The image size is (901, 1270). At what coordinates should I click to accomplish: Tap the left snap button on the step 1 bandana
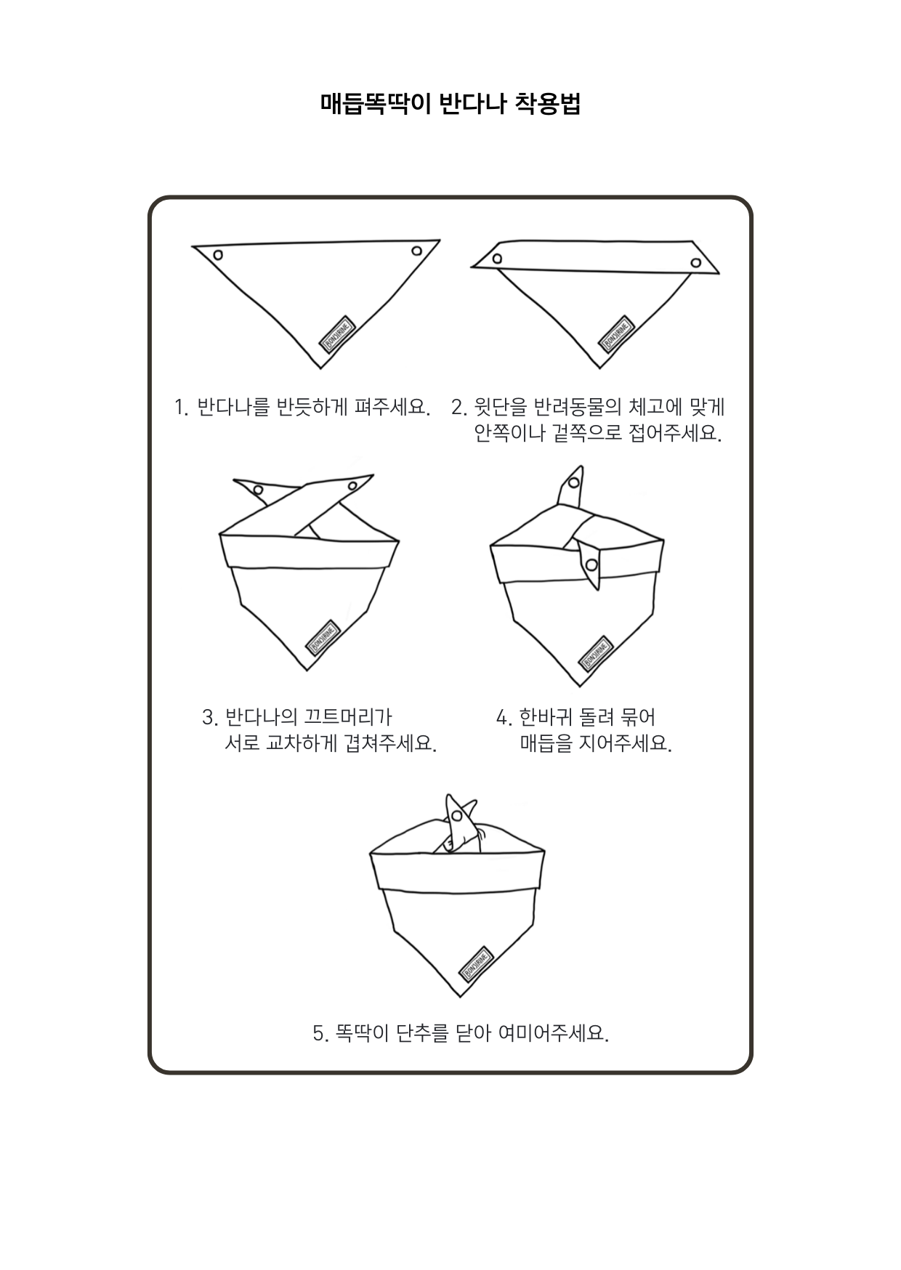(x=217, y=255)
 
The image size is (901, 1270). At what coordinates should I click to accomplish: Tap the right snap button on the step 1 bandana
(x=416, y=251)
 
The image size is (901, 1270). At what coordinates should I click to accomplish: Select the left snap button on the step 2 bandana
(x=497, y=258)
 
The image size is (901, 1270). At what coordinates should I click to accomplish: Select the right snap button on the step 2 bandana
(x=696, y=262)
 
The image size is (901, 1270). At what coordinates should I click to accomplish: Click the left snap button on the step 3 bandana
(x=258, y=490)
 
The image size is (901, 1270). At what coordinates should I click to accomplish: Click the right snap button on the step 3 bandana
(x=352, y=485)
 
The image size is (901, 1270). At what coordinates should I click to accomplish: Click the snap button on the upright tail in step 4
(x=573, y=482)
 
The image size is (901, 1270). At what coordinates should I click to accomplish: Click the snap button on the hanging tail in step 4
(x=592, y=565)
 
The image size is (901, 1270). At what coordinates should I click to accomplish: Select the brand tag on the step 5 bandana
(x=477, y=964)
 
